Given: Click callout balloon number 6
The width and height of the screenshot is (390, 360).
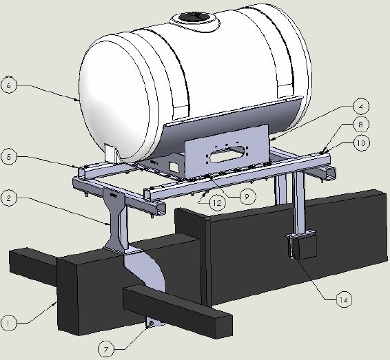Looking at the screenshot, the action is tap(9, 85).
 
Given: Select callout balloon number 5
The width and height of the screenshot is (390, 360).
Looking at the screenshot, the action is tap(9, 157).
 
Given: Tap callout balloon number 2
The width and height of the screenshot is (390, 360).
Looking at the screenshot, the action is tap(9, 198).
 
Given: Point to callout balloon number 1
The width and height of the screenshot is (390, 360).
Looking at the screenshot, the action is tap(8, 324).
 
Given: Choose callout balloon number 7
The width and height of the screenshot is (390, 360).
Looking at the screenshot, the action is tap(106, 350).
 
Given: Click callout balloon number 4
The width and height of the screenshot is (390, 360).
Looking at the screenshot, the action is tap(361, 106).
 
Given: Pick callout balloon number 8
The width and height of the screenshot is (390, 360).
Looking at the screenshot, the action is tap(361, 124).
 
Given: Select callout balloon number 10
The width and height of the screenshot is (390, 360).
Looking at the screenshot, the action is tap(361, 143).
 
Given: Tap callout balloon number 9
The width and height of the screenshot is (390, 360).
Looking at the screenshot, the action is tap(247, 197).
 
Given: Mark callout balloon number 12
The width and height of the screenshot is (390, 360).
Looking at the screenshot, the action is tap(217, 203).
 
